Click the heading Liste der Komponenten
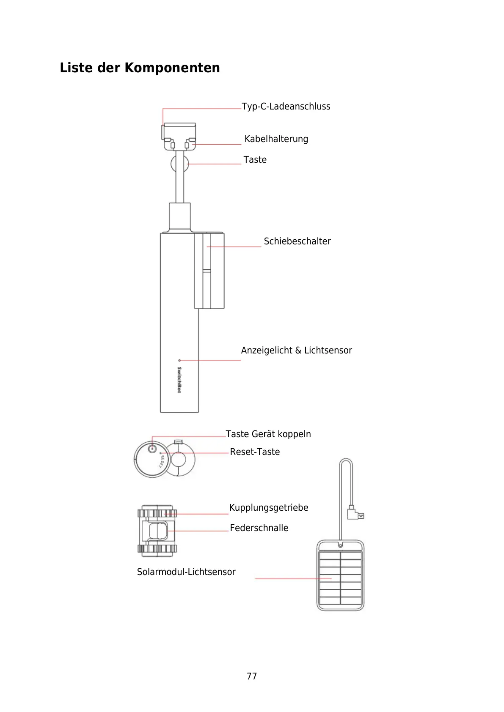tap(140, 68)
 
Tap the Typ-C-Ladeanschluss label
tap(286, 107)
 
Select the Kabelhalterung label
tap(276, 139)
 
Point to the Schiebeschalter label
tap(297, 241)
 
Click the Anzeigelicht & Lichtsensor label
tap(296, 351)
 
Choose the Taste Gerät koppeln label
tap(268, 434)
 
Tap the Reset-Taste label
tap(255, 452)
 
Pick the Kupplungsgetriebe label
tap(269, 508)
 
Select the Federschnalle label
tap(259, 528)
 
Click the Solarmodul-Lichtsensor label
tap(186, 572)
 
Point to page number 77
tap(252, 676)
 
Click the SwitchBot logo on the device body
tap(179, 380)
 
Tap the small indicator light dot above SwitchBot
tap(179, 360)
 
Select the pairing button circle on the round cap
tap(153, 449)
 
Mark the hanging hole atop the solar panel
tap(340, 545)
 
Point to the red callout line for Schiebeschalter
tap(234, 246)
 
